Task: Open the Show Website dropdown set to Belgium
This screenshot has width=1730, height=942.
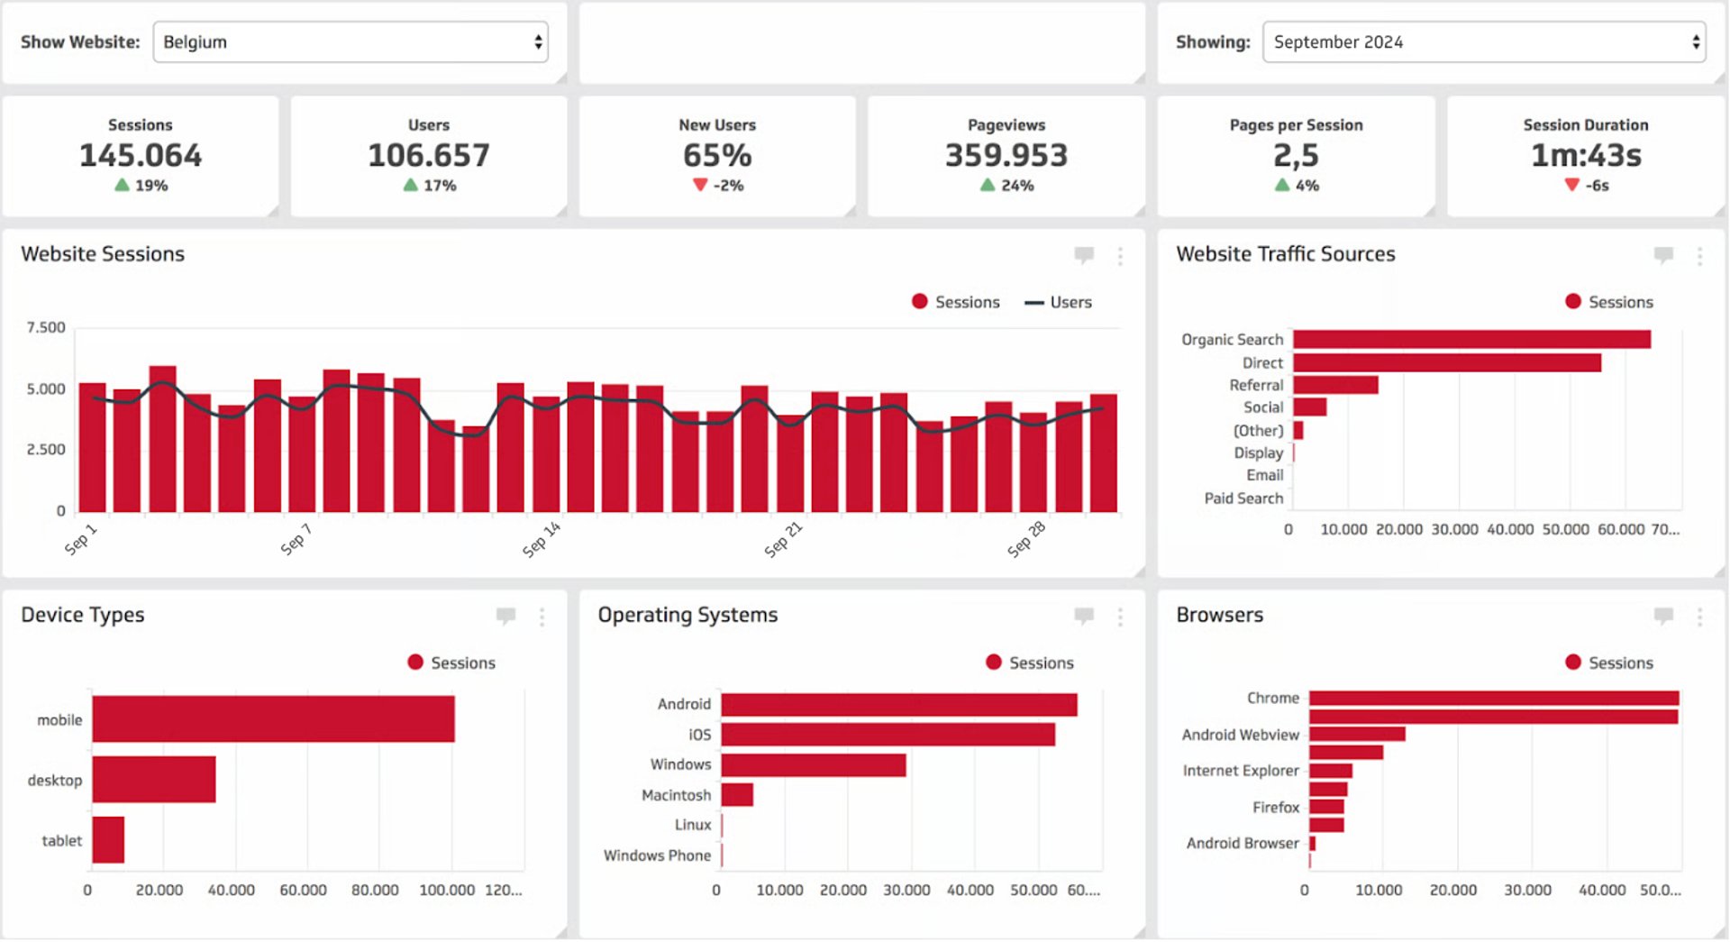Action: click(x=351, y=42)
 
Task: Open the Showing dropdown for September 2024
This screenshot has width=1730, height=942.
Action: click(x=1483, y=42)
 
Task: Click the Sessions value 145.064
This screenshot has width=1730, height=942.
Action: click(x=141, y=155)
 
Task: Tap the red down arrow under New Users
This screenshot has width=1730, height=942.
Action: click(x=700, y=185)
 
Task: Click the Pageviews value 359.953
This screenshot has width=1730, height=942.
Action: click(x=1006, y=155)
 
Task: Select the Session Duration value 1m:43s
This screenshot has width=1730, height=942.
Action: click(x=1585, y=155)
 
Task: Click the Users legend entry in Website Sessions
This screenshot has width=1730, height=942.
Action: click(x=1060, y=302)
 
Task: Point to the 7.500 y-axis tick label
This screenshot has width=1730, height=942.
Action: click(x=46, y=327)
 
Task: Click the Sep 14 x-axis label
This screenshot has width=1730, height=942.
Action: click(x=541, y=539)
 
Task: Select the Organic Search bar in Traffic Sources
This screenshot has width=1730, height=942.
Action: click(x=1470, y=339)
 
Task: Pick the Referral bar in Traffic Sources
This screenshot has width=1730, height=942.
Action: click(x=1334, y=385)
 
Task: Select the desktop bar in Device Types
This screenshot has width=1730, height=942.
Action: click(x=154, y=779)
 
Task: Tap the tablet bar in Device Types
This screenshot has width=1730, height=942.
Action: click(x=108, y=839)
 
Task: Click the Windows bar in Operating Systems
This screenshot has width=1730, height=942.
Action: click(x=813, y=764)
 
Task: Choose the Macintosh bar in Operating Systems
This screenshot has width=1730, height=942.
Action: click(x=737, y=794)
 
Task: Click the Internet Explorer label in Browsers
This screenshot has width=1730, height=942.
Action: click(x=1240, y=771)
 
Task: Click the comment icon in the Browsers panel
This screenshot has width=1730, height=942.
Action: click(x=1662, y=616)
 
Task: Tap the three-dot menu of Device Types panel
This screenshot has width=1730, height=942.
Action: click(x=542, y=617)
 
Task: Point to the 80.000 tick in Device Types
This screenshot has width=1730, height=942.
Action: click(x=374, y=890)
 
